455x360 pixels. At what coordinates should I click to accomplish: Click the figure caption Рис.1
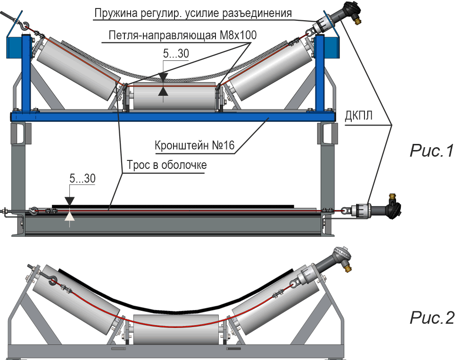[x=431, y=151]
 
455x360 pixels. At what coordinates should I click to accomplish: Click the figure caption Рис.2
[x=431, y=318]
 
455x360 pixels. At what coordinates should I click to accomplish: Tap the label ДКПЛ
[x=358, y=116]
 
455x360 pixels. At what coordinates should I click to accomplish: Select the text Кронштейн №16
[x=194, y=145]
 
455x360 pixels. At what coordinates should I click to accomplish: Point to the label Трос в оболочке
[x=167, y=165]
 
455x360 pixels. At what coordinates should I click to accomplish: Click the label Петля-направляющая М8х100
[x=182, y=35]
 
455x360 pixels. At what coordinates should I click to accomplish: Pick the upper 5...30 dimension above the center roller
[x=176, y=53]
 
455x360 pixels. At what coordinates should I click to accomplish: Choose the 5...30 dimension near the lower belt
[x=83, y=178]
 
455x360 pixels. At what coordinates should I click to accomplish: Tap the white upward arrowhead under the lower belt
[x=70, y=216]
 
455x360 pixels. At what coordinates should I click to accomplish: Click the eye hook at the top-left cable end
[x=24, y=26]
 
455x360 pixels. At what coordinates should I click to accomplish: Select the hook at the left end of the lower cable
[x=33, y=210]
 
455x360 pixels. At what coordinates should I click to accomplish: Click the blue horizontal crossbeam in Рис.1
[x=174, y=117]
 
